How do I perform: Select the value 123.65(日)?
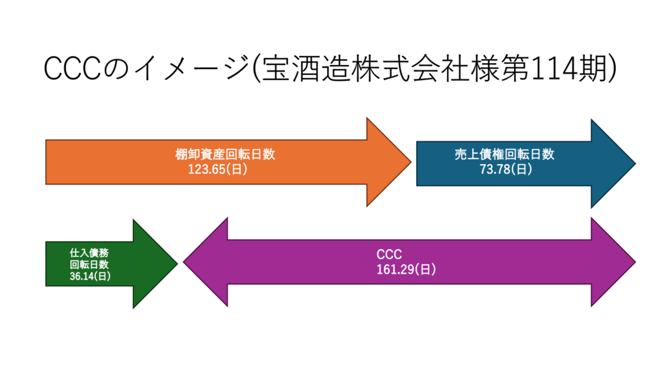pyautogui.click(x=217, y=169)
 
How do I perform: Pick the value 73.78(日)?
pyautogui.click(x=505, y=169)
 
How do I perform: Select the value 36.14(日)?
pyautogui.click(x=90, y=276)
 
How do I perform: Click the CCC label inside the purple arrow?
pyautogui.click(x=386, y=255)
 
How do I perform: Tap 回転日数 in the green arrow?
pyautogui.click(x=88, y=264)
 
